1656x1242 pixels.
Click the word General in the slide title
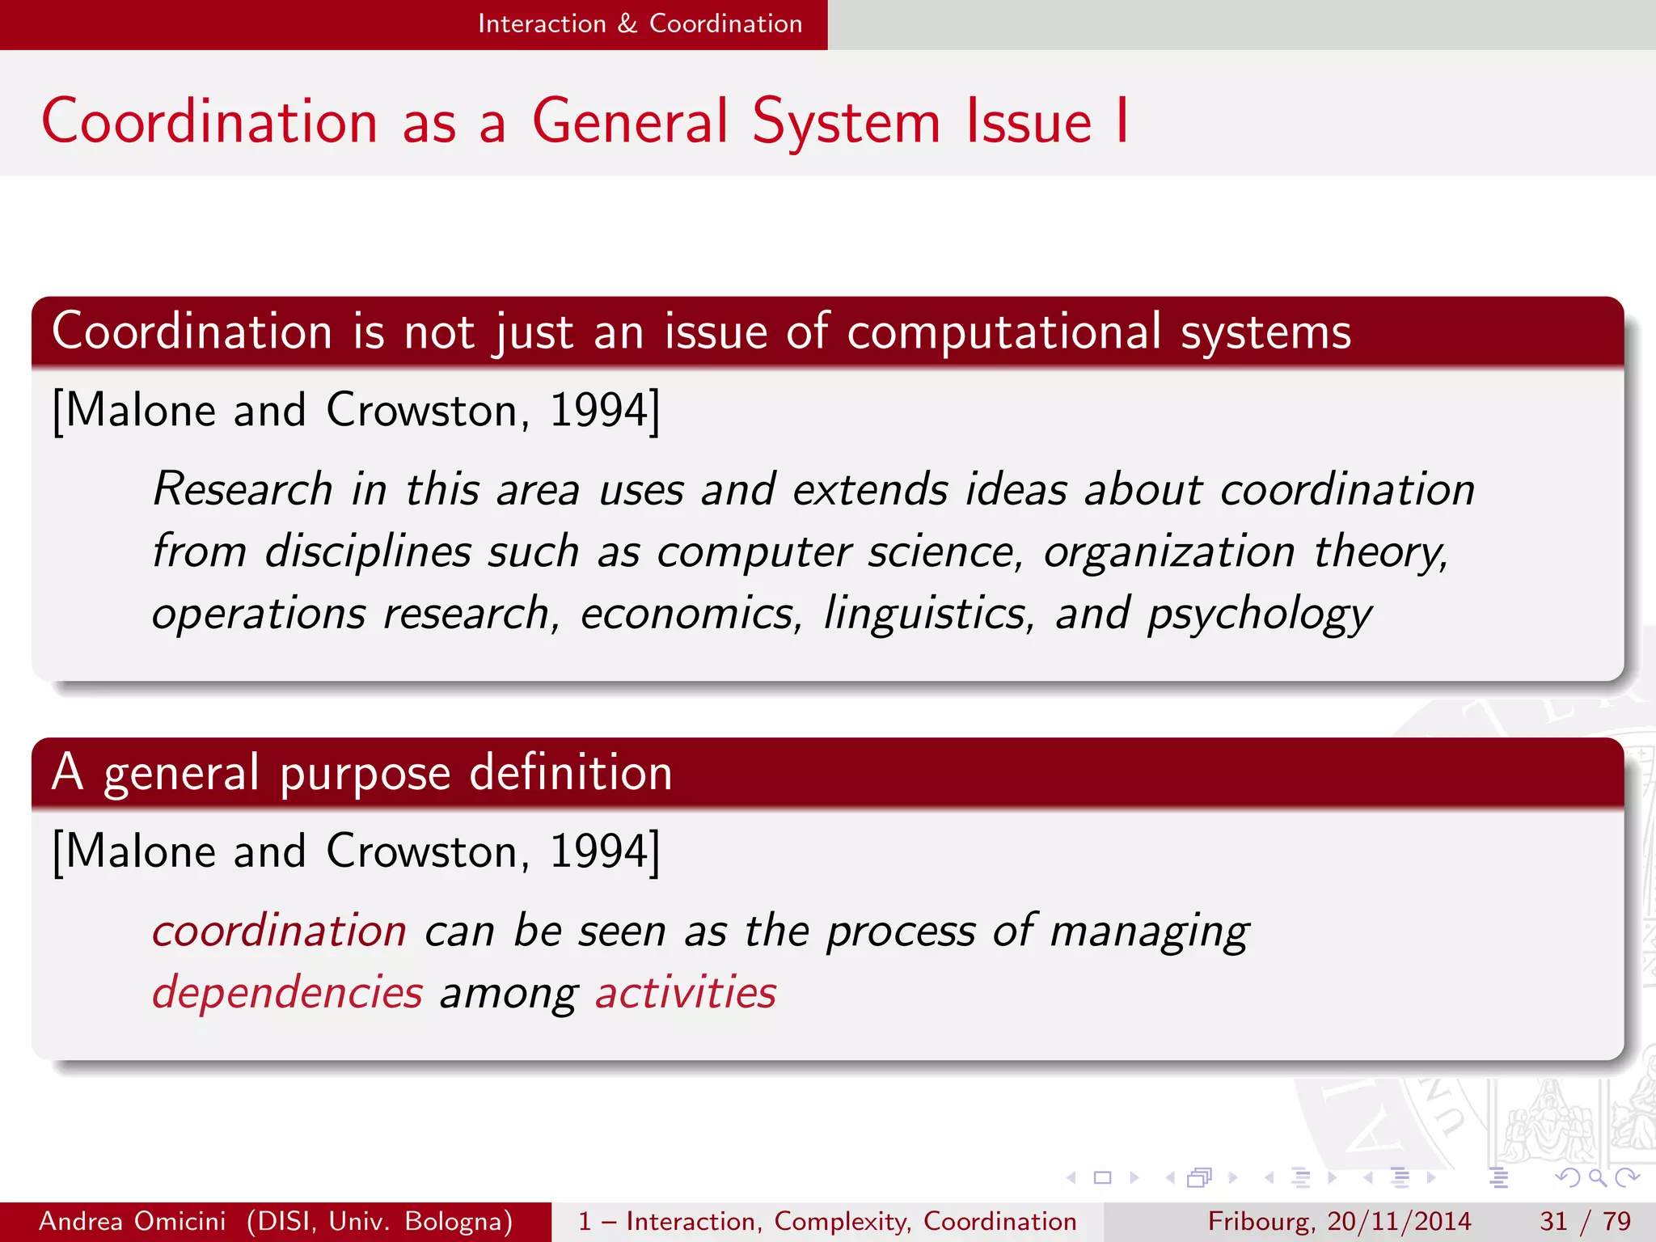coord(630,121)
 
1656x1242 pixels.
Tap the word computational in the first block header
coord(1003,332)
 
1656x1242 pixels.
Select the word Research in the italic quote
coord(243,489)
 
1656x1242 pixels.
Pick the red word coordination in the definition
coord(279,930)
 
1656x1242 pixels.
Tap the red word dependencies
coord(287,993)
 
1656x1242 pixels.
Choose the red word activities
coord(686,992)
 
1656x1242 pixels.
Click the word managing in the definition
coord(1149,931)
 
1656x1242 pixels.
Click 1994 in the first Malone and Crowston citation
coord(599,410)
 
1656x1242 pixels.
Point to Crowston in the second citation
coord(421,851)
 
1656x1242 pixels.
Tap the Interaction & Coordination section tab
coord(640,24)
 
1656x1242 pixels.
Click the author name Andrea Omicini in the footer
coord(133,1221)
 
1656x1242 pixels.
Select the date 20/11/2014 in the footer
coord(1399,1221)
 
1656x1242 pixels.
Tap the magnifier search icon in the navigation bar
coord(1597,1177)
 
